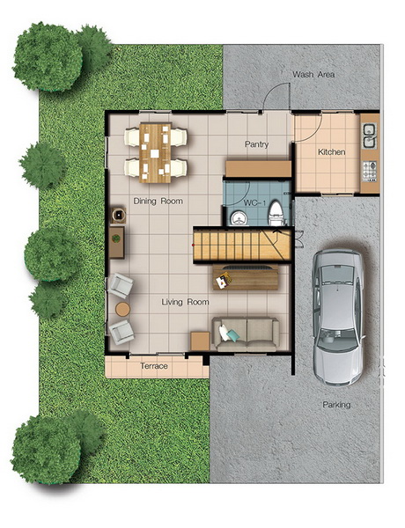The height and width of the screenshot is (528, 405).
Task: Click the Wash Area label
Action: [x=313, y=74]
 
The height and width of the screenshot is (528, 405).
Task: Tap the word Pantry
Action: [x=257, y=144]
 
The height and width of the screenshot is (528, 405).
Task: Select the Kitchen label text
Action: [x=332, y=152]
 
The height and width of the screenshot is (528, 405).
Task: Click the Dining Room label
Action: [x=158, y=201]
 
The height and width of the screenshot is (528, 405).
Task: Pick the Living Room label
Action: [x=185, y=302]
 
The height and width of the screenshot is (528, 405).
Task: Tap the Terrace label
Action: [x=154, y=366]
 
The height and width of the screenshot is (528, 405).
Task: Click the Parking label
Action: [x=336, y=405]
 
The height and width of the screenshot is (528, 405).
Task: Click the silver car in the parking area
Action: [x=338, y=317]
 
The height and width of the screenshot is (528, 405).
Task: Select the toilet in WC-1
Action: [x=276, y=214]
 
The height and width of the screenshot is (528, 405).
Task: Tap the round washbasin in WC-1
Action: [x=239, y=218]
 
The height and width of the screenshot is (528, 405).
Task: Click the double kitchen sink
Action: [x=369, y=136]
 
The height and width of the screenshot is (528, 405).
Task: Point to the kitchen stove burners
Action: [x=370, y=172]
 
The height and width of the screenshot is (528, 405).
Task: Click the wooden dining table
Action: [x=155, y=153]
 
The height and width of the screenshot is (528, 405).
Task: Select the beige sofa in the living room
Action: [x=246, y=334]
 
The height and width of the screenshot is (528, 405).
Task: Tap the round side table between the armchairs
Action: [x=122, y=309]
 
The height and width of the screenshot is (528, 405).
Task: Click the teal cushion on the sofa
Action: [x=232, y=335]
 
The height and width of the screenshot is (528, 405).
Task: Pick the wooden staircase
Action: [x=242, y=245]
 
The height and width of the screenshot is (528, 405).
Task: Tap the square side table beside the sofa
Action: [x=200, y=341]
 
